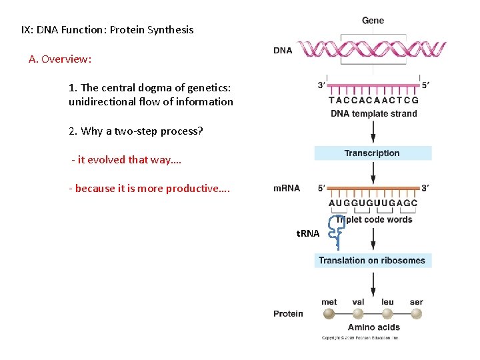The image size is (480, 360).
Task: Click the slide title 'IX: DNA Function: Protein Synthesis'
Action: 107,30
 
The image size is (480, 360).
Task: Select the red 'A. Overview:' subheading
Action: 60,59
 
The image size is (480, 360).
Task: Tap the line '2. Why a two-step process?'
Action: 135,131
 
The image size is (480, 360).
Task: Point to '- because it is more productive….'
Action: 149,189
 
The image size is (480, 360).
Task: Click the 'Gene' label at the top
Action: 373,21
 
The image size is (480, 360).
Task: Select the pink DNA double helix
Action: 371,49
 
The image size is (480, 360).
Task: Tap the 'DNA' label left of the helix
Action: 283,51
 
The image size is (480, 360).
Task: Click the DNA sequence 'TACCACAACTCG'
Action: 373,101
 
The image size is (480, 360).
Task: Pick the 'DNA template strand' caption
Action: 373,114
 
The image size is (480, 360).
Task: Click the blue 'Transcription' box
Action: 373,153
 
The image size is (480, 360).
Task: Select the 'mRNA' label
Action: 287,189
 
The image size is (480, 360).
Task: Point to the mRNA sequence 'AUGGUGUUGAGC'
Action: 373,203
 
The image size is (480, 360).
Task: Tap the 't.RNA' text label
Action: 308,233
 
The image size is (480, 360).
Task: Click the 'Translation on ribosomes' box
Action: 373,261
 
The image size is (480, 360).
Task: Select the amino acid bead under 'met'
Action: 329,314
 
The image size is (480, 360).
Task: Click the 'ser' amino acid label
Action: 417,302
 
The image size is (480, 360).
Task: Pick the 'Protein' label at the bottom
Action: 288,314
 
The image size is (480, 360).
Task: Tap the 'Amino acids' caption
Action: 373,327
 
